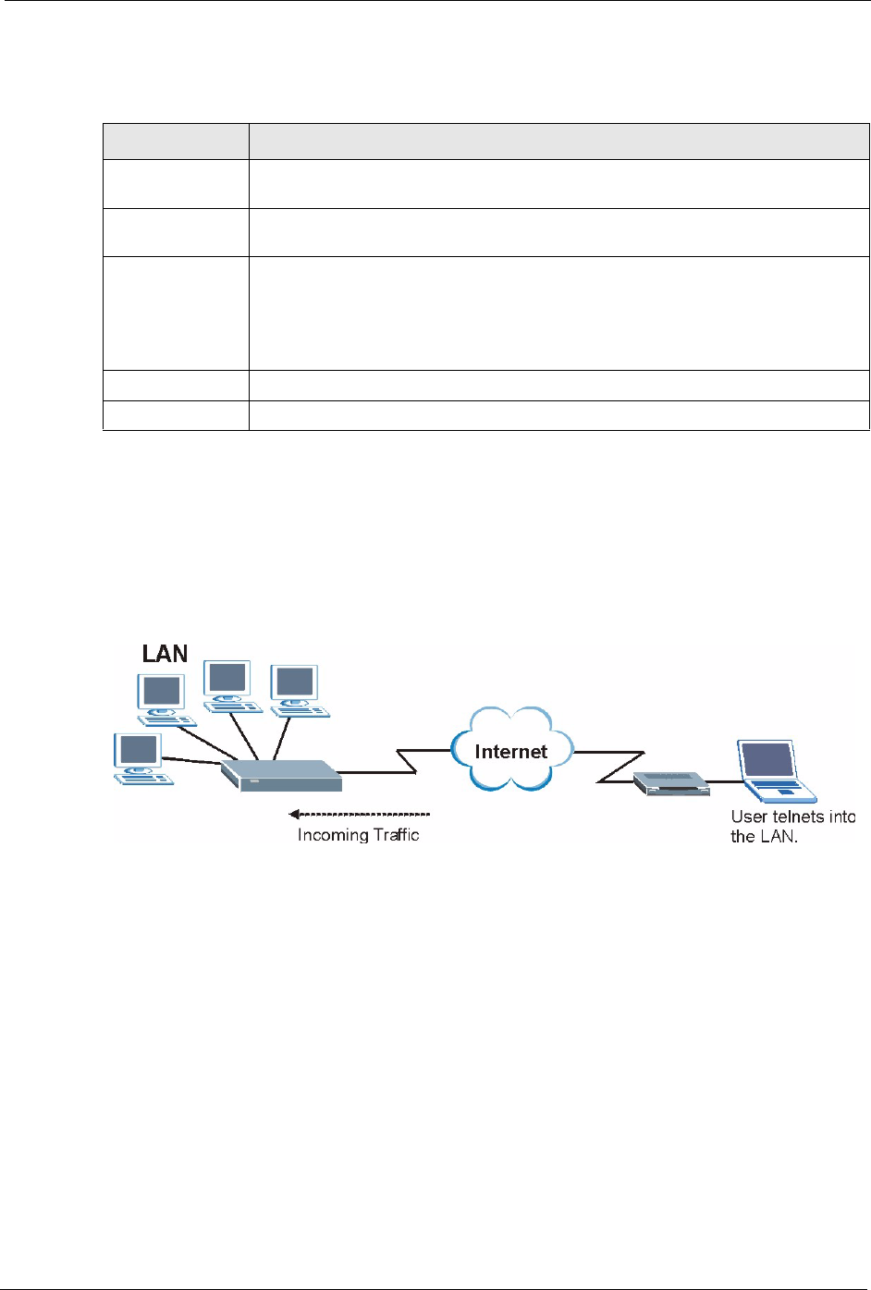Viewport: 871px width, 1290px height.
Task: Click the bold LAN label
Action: pyautogui.click(x=165, y=654)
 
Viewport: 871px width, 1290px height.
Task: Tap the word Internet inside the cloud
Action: pyautogui.click(x=510, y=752)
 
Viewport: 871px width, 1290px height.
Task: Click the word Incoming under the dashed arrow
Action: pyautogui.click(x=332, y=835)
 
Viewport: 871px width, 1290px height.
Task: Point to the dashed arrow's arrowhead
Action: pyautogui.click(x=294, y=814)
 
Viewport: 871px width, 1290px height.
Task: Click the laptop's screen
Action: pyautogui.click(x=767, y=760)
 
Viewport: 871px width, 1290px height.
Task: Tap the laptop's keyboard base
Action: pyautogui.click(x=784, y=791)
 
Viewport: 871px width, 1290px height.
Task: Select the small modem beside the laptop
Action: pyautogui.click(x=670, y=784)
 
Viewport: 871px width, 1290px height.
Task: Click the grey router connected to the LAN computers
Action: pyautogui.click(x=281, y=775)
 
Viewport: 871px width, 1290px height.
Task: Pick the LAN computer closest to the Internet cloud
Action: pyautogui.click(x=297, y=690)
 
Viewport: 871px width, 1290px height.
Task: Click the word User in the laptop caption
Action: pyautogui.click(x=748, y=817)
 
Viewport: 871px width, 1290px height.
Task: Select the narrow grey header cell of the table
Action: pyautogui.click(x=175, y=141)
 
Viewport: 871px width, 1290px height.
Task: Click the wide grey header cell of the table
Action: pyautogui.click(x=558, y=141)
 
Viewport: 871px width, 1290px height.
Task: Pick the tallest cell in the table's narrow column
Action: pyautogui.click(x=175, y=313)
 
